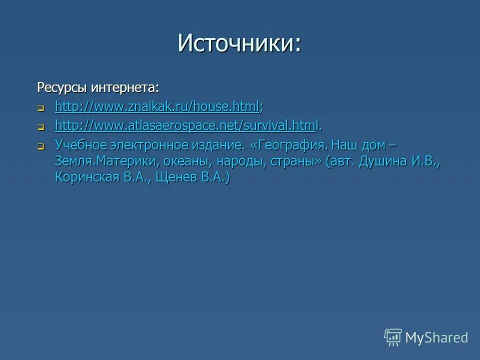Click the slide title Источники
[239, 43]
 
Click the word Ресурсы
[62, 88]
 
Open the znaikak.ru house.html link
[157, 106]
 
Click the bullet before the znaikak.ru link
[41, 107]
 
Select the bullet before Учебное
[41, 146]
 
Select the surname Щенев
[177, 177]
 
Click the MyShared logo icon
[393, 337]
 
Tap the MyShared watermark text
[436, 337]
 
